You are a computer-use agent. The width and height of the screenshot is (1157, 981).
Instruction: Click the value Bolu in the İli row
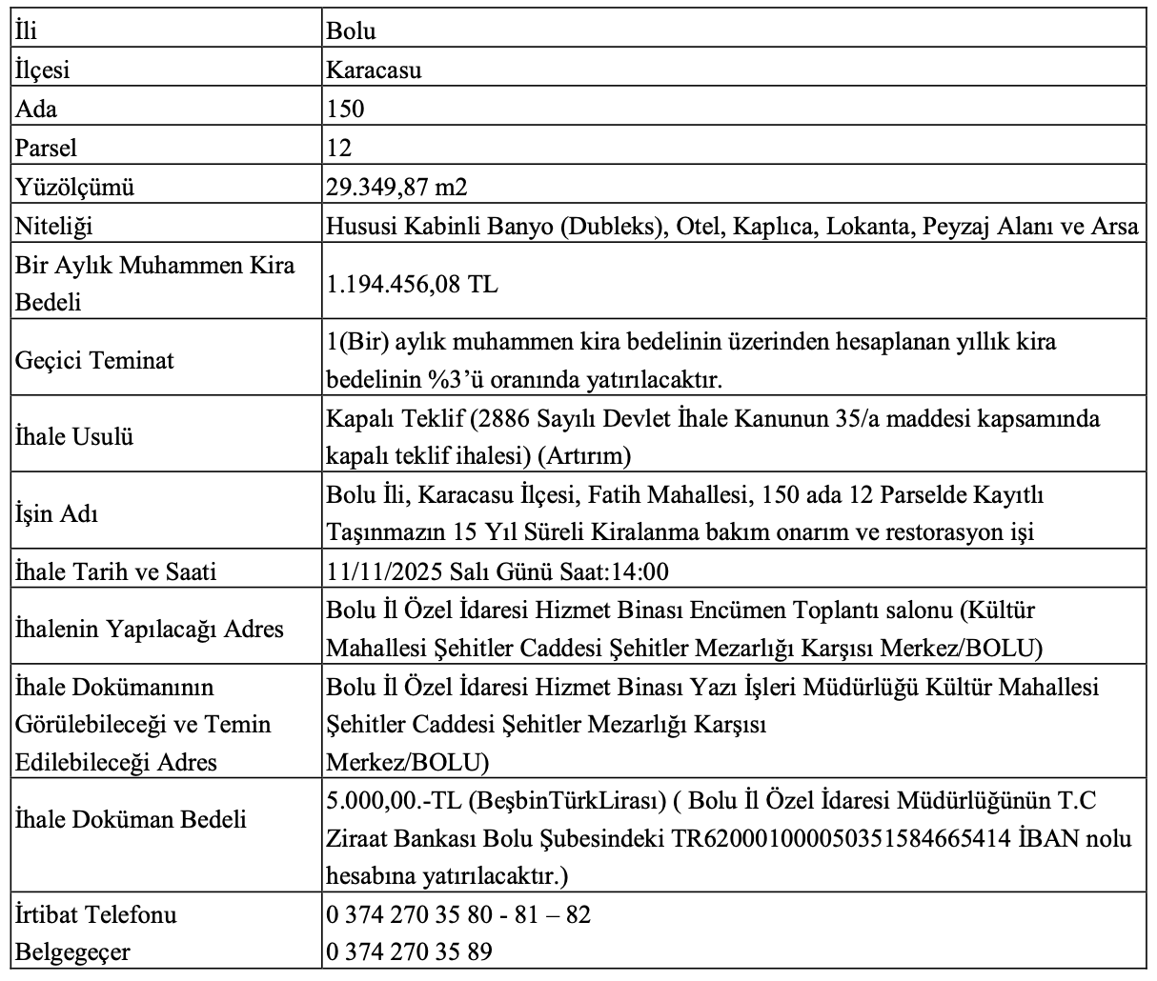(351, 30)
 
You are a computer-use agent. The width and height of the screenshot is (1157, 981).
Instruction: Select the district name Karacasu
(374, 70)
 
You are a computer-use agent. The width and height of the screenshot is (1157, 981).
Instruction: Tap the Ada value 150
(345, 109)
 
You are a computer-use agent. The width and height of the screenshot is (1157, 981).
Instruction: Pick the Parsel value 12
(338, 148)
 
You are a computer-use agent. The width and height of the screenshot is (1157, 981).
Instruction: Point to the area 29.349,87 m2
(396, 187)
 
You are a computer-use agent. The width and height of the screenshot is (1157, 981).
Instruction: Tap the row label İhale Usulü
(74, 437)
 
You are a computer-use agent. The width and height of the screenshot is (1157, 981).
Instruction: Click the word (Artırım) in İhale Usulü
(584, 456)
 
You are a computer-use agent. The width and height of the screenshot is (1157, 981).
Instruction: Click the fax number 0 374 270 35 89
(409, 952)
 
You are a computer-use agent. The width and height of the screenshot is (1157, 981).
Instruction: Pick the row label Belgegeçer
(72, 952)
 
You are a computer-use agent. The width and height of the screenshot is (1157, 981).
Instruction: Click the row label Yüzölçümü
(75, 187)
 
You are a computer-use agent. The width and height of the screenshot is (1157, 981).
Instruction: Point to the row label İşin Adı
(57, 514)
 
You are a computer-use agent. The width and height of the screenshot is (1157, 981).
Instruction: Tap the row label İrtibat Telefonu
(96, 914)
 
